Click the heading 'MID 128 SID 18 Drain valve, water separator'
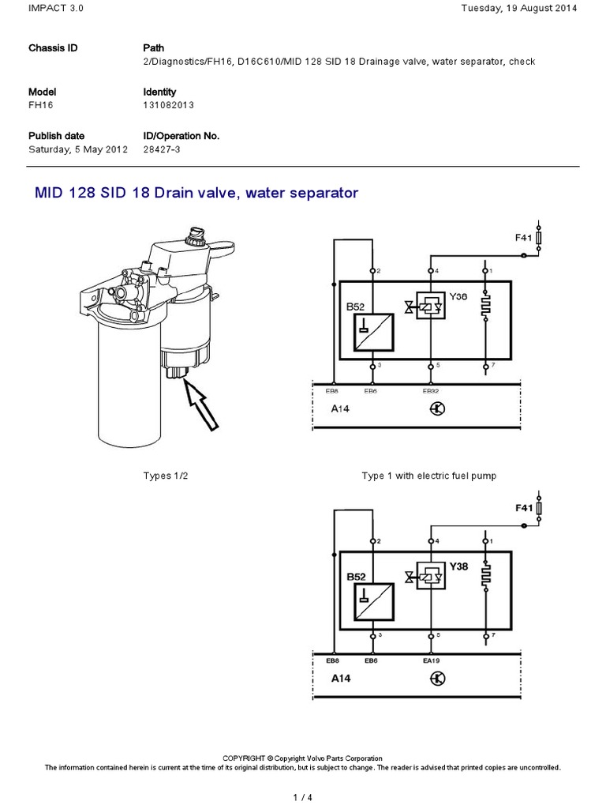point(196,192)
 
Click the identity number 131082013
point(168,105)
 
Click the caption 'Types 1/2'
point(166,476)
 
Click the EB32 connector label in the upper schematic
point(431,390)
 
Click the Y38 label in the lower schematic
point(458,566)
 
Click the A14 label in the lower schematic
point(342,678)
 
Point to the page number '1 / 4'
point(303,796)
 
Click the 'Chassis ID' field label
point(53,48)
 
